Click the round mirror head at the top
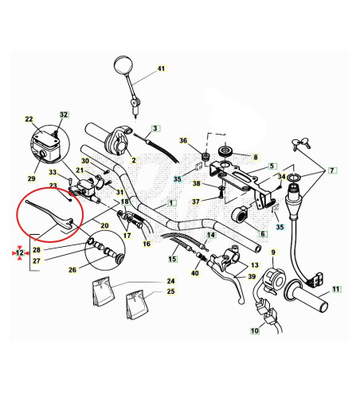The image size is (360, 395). [x=123, y=65]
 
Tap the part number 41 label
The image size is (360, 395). [x=161, y=68]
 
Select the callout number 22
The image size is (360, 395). [x=29, y=119]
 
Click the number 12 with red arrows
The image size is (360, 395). [x=20, y=252]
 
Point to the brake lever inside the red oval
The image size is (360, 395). [x=50, y=215]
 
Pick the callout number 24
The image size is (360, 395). [x=170, y=281]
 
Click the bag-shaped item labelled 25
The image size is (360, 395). [x=137, y=304]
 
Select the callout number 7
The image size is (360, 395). [x=332, y=170]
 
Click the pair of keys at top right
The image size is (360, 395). [x=301, y=143]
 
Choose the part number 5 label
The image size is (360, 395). [x=272, y=166]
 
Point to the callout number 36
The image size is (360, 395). [x=183, y=140]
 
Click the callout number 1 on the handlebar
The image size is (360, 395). [x=171, y=203]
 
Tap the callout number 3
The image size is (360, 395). [x=155, y=128]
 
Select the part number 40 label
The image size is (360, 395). [x=195, y=273]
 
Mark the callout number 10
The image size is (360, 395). [x=255, y=330]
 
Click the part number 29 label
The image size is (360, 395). [x=31, y=178]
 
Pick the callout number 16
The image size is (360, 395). [x=147, y=244]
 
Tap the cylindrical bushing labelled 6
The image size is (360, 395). [x=240, y=215]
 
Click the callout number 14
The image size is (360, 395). [x=211, y=235]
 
